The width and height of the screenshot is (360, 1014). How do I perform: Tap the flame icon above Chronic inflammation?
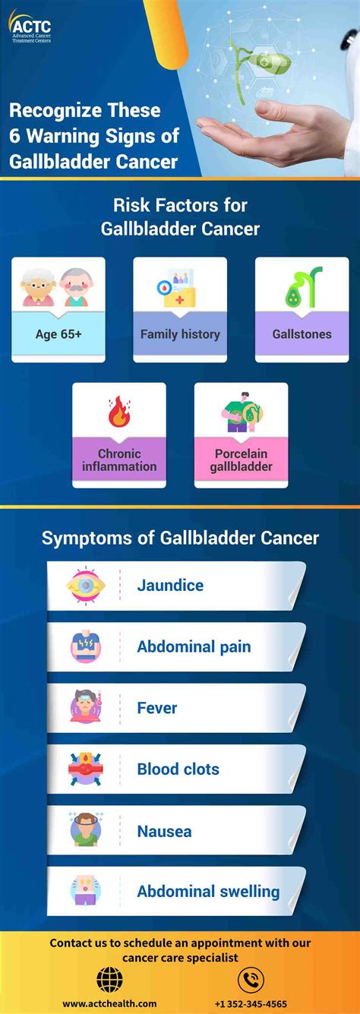click(118, 412)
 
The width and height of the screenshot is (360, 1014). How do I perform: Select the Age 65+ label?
click(58, 334)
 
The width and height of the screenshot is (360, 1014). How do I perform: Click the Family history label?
click(180, 334)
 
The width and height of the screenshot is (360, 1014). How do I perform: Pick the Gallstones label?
click(302, 334)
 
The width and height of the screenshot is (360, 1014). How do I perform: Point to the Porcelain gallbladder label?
click(241, 460)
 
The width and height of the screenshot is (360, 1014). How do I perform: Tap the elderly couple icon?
click(58, 286)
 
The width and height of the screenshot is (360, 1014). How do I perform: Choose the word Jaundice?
click(170, 586)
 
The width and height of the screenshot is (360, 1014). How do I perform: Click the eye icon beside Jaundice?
click(85, 586)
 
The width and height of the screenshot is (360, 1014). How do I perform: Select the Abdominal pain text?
click(194, 647)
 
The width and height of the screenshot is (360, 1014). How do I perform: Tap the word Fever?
click(156, 708)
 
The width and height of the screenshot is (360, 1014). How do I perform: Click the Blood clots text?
click(178, 769)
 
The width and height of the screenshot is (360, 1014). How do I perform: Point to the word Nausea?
click(164, 832)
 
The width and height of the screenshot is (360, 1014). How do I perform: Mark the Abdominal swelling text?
click(208, 892)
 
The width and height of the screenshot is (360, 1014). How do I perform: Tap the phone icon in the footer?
click(251, 980)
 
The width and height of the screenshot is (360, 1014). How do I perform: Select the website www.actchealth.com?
click(109, 1004)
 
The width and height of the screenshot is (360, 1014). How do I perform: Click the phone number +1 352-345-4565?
click(251, 1004)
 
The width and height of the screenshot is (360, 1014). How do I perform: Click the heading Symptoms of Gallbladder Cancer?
click(180, 539)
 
